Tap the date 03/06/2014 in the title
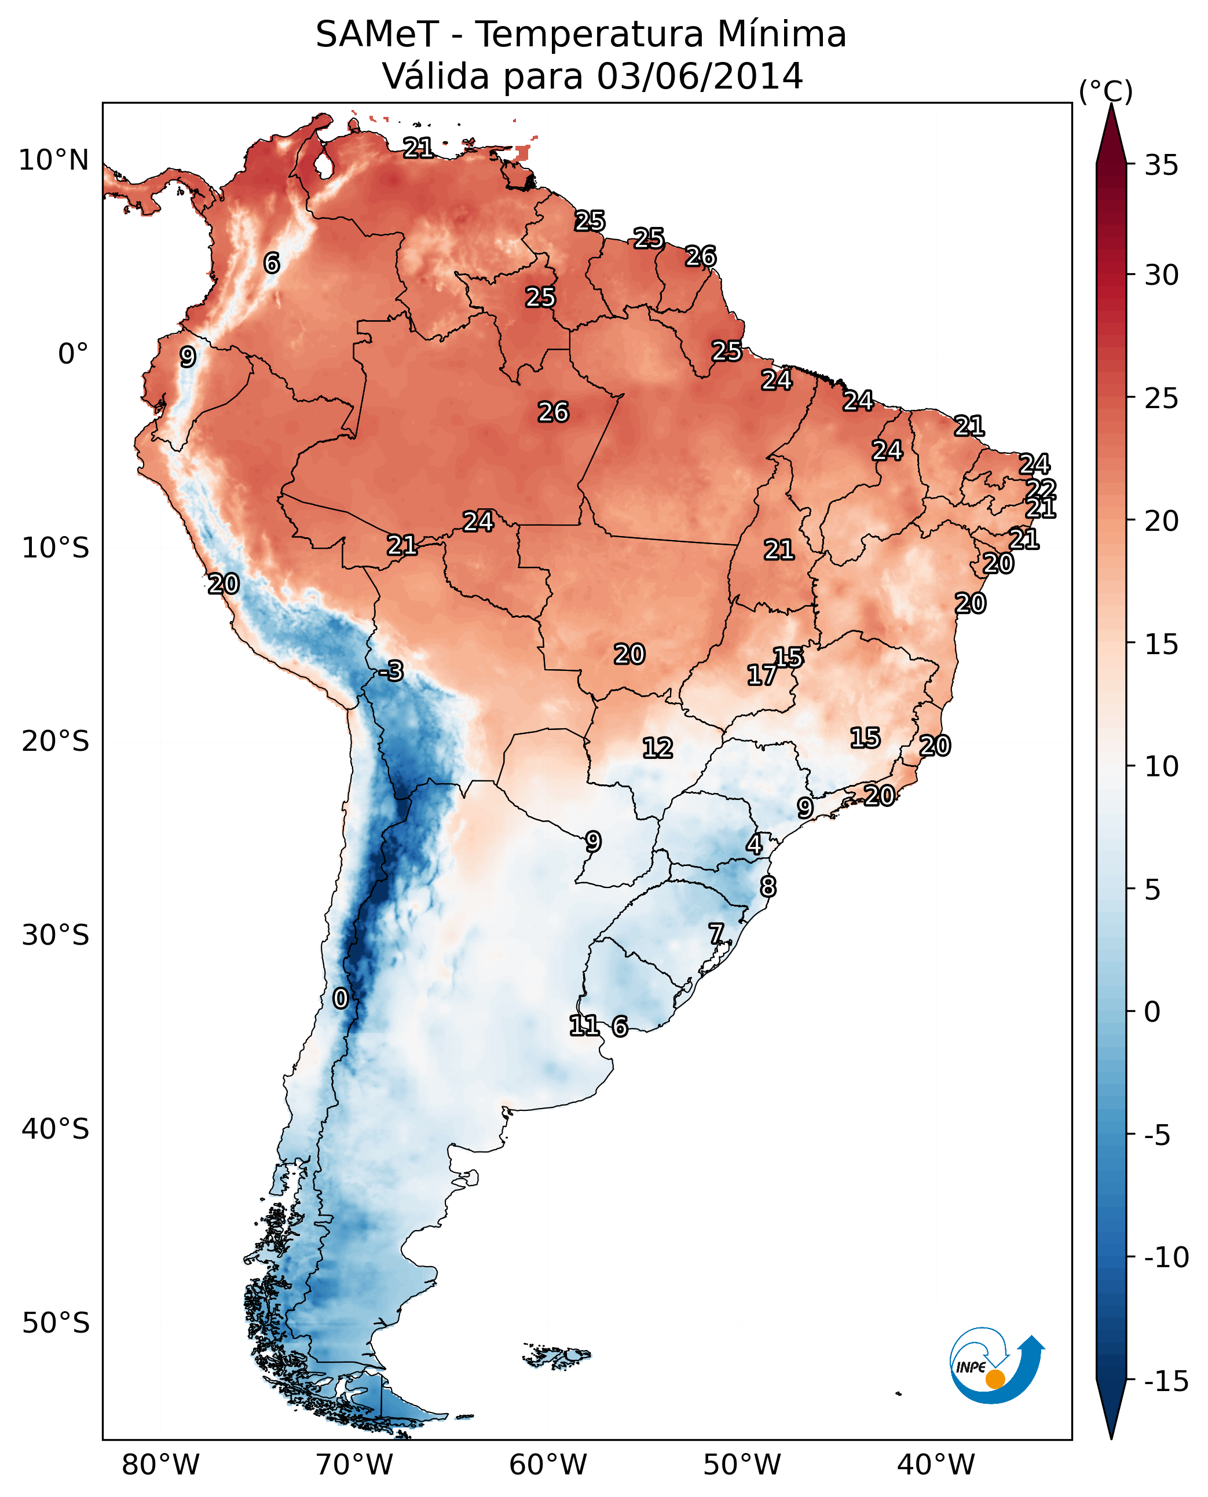coord(700,76)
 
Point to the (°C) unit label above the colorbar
coord(1105,91)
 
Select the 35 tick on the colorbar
coord(1161,166)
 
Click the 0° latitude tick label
coord(73,354)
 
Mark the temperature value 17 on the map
coord(762,675)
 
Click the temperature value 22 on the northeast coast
coord(1041,489)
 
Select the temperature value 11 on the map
coord(584,1025)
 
